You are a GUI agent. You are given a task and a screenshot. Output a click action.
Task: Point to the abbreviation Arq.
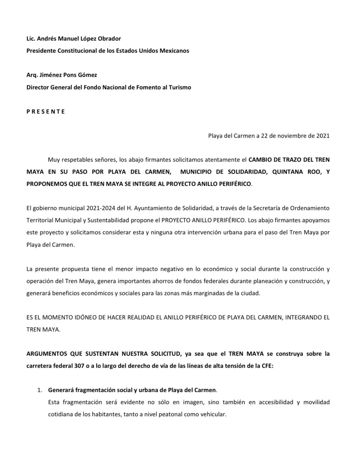(32, 75)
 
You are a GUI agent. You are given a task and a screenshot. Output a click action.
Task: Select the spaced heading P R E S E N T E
(46, 112)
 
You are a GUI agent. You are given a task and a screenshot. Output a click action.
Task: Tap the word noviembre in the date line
(291, 136)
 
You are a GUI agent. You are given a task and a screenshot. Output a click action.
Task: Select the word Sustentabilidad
(110, 220)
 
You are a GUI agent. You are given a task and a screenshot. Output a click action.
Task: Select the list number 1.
(39, 390)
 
